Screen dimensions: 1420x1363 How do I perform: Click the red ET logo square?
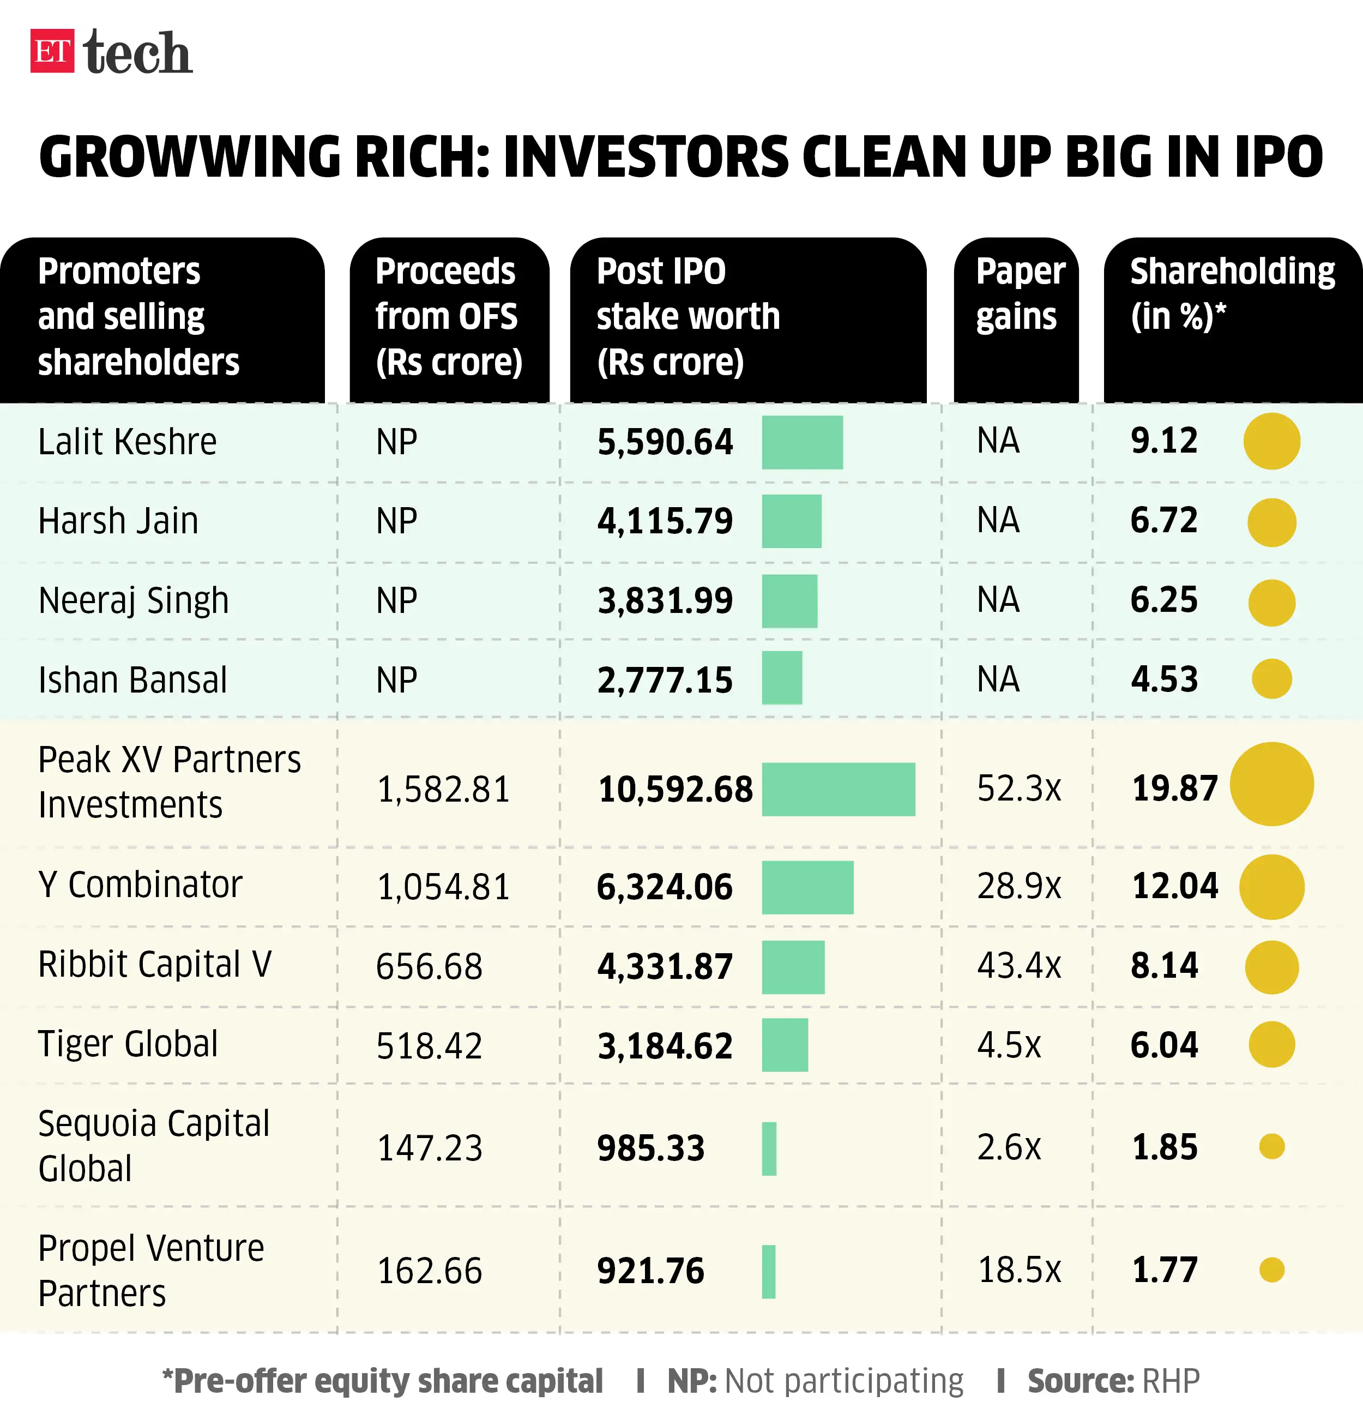click(52, 51)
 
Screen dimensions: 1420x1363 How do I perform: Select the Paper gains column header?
click(1019, 294)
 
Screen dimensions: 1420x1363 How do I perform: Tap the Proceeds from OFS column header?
click(448, 317)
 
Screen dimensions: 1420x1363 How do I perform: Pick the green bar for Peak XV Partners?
click(838, 789)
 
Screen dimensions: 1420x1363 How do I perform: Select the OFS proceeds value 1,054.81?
click(443, 887)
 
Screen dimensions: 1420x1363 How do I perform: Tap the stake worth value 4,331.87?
click(664, 966)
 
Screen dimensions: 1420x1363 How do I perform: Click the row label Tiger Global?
click(128, 1044)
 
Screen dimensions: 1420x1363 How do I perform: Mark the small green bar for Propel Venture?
click(768, 1272)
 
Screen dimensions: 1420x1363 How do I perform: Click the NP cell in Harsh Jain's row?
click(396, 521)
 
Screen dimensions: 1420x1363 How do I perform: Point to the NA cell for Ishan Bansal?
click(998, 679)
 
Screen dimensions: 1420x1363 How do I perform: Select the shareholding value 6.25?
click(1164, 600)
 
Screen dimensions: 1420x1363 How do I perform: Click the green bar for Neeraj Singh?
click(789, 600)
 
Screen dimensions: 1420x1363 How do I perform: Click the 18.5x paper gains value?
click(1018, 1270)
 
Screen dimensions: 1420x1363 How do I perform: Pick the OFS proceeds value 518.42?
click(429, 1046)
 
